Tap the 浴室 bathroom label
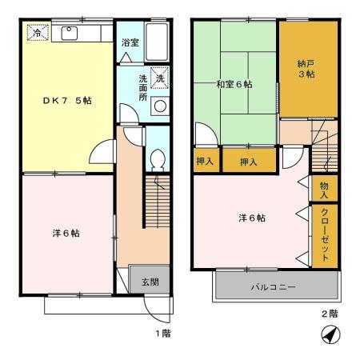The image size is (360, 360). click(x=130, y=42)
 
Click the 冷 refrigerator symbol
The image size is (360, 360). click(x=36, y=34)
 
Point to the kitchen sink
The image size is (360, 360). click(x=67, y=33)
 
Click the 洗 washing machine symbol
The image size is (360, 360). click(x=160, y=78)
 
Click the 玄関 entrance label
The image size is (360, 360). click(x=150, y=282)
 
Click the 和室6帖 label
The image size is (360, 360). click(x=234, y=83)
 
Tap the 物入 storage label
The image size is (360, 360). click(x=324, y=190)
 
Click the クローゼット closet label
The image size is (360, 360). click(x=324, y=234)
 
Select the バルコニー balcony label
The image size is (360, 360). click(x=274, y=286)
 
